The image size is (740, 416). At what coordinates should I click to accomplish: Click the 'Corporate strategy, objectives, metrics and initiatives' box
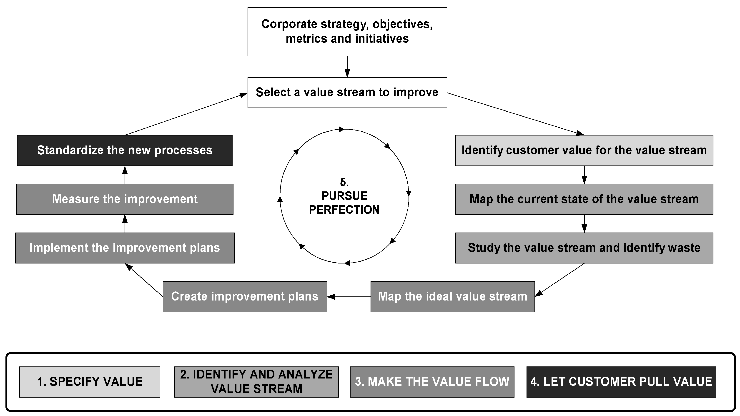coord(347,32)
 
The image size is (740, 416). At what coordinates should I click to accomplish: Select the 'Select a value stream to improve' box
coord(347,93)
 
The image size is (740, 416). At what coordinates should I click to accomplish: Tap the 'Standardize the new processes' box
coord(125,150)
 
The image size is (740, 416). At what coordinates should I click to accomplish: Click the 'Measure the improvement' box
coord(125,199)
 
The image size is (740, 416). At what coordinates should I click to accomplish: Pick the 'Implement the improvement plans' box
coord(125,248)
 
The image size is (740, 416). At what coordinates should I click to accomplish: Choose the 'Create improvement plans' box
coord(245,296)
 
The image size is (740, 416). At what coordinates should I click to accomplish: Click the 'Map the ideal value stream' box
coord(452,296)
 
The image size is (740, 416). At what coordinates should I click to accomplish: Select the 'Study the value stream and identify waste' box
coord(584,248)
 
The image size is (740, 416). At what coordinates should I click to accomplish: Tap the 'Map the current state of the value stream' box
coord(584,199)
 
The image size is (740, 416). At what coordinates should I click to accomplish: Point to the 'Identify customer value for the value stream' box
coord(584,150)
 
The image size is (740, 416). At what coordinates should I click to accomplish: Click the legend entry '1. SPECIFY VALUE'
coord(90,382)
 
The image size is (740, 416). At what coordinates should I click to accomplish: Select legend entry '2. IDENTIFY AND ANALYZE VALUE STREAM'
coord(256,382)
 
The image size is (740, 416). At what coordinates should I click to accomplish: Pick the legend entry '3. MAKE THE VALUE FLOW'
coord(432,382)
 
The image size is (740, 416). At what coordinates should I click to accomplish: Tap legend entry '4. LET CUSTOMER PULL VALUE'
coord(621,382)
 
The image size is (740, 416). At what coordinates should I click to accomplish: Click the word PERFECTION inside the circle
coord(344,210)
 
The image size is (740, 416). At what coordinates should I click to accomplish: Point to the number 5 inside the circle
coord(344,182)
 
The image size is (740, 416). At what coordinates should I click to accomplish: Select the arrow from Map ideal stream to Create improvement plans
coord(349,296)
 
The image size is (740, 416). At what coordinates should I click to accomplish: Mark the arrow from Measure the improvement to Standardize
coord(125,175)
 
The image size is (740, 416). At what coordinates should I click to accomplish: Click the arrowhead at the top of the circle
coord(341,129)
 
